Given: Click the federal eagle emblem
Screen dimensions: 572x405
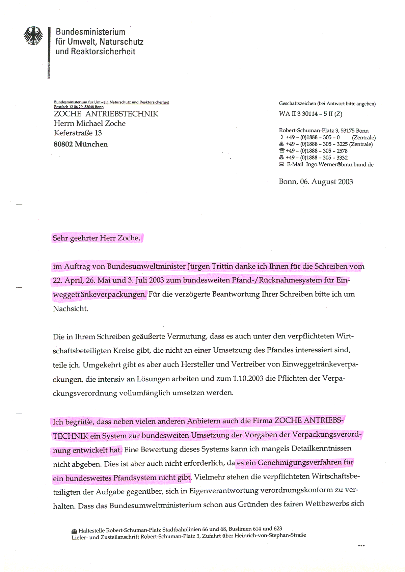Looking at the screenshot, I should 33,36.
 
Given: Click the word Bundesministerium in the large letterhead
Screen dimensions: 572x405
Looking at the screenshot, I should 90,32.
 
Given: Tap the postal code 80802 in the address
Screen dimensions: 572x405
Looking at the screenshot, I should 63,144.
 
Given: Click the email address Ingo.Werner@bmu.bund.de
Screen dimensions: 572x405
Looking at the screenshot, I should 340,165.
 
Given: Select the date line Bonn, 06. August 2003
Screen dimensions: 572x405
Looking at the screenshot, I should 316,182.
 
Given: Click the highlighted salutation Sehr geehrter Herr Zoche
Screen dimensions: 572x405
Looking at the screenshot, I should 96,238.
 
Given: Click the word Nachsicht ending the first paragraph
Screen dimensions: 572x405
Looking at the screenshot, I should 70,309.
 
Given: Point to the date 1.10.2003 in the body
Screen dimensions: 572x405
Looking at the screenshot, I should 248,379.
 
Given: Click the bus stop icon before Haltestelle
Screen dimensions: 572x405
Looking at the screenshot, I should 74,531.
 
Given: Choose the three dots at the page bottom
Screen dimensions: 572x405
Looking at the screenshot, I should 361,546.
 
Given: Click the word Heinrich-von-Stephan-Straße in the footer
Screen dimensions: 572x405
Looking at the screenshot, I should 270,535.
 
